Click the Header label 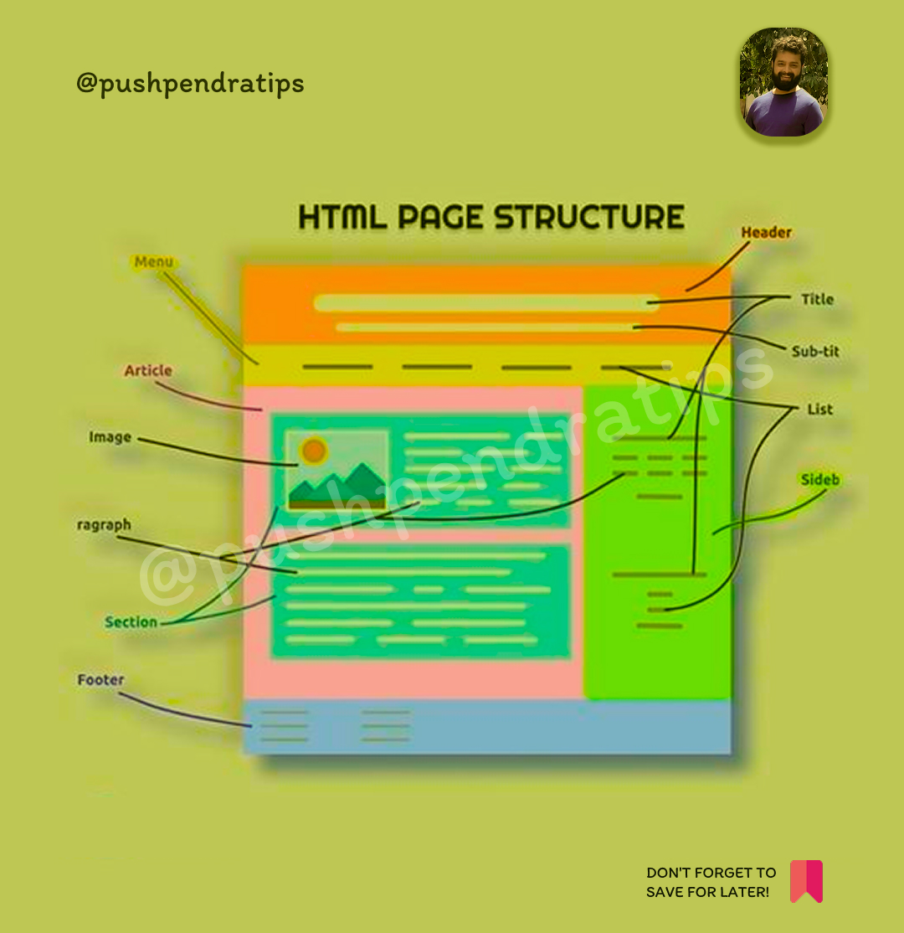pyautogui.click(x=766, y=233)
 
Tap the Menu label pyautogui.click(x=154, y=262)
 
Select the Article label pyautogui.click(x=148, y=370)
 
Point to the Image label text pyautogui.click(x=110, y=437)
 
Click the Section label pyautogui.click(x=131, y=622)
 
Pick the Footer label pyautogui.click(x=100, y=680)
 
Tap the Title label pyautogui.click(x=817, y=299)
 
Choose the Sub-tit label pyautogui.click(x=815, y=352)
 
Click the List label pyautogui.click(x=819, y=410)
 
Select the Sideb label pyautogui.click(x=819, y=480)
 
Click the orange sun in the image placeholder pyautogui.click(x=314, y=451)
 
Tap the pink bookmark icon pyautogui.click(x=806, y=881)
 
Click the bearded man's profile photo pyautogui.click(x=783, y=82)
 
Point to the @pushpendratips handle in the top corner pyautogui.click(x=190, y=84)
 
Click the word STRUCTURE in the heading pyautogui.click(x=588, y=217)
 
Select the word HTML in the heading pyautogui.click(x=342, y=217)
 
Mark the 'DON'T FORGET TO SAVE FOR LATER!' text pyautogui.click(x=711, y=883)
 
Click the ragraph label pyautogui.click(x=104, y=525)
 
